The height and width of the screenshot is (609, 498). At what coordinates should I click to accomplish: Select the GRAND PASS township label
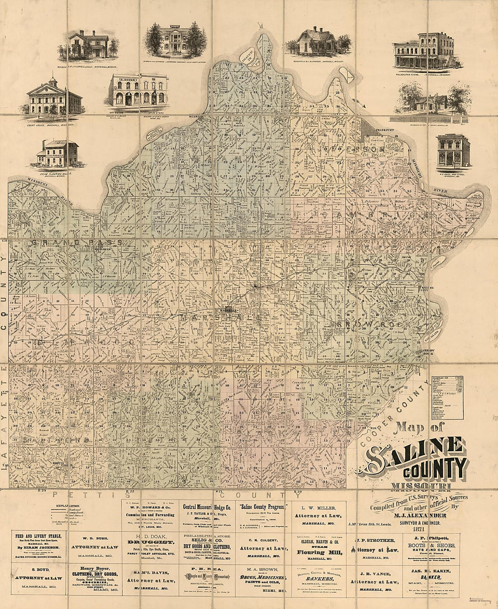click(77, 243)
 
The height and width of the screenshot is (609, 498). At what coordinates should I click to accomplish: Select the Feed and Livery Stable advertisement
click(38, 546)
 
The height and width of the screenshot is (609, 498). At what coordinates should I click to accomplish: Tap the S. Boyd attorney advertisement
click(38, 578)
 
